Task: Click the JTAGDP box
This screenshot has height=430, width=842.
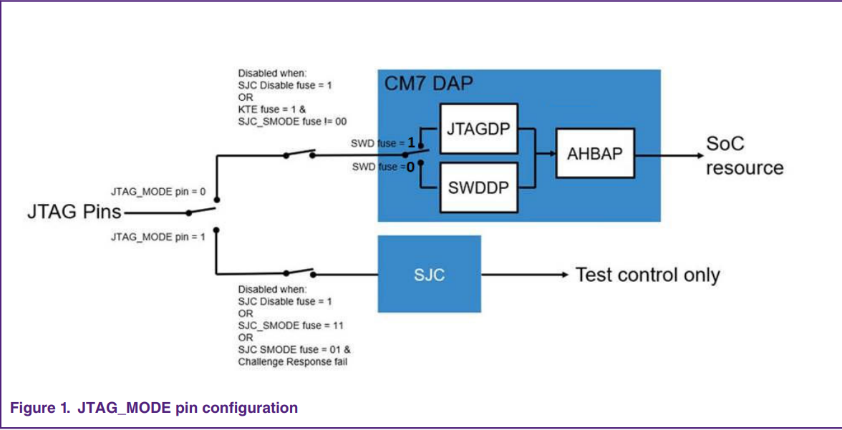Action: click(478, 129)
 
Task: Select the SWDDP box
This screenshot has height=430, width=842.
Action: click(478, 187)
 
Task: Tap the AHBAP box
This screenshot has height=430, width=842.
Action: click(595, 154)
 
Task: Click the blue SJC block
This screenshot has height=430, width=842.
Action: click(429, 275)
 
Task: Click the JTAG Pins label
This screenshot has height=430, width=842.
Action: click(74, 212)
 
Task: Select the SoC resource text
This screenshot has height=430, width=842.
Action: click(745, 156)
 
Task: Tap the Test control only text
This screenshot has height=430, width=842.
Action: click(647, 275)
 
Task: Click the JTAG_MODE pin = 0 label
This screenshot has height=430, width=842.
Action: click(158, 192)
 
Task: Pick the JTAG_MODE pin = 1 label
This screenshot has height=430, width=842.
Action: click(158, 236)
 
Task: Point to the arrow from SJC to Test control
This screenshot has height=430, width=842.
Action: click(526, 275)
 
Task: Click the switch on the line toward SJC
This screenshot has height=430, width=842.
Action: click(299, 272)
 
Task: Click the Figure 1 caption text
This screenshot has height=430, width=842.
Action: click(153, 408)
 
